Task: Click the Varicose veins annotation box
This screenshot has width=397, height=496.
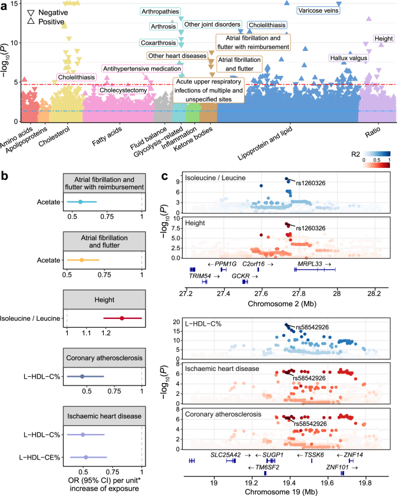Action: pos(318,10)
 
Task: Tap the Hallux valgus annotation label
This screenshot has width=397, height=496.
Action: pos(348,58)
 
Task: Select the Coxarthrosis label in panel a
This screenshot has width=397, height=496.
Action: pos(158,43)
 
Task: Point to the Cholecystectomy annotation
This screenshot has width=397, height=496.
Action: pos(121,90)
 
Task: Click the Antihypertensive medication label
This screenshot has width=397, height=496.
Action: pos(134,69)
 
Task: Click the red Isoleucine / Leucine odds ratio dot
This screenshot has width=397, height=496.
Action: pos(122,318)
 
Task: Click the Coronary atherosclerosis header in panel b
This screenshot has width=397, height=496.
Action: pos(102,359)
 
